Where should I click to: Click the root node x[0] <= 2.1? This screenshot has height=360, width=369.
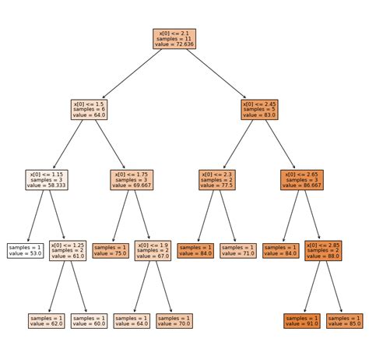pyautogui.click(x=175, y=38)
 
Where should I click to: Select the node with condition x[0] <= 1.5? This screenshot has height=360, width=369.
pyautogui.click(x=90, y=109)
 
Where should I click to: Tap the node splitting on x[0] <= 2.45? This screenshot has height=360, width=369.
pyautogui.click(x=260, y=109)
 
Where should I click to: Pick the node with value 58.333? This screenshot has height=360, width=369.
pyautogui.click(x=47, y=179)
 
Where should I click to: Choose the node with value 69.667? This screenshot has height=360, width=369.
pyautogui.click(x=132, y=179)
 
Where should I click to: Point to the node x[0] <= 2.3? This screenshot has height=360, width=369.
pyautogui.click(x=217, y=179)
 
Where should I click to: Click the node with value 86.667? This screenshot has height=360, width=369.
pyautogui.click(x=303, y=179)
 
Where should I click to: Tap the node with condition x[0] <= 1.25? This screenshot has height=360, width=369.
pyautogui.click(x=69, y=250)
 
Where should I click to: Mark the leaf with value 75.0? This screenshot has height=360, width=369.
pyautogui.click(x=111, y=250)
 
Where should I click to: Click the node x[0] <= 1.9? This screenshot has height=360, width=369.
pyautogui.click(x=153, y=250)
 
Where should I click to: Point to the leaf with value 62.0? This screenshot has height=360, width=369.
pyautogui.click(x=47, y=321)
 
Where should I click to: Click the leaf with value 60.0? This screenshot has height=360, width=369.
pyautogui.click(x=90, y=321)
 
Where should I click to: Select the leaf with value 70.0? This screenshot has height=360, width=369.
pyautogui.click(x=174, y=321)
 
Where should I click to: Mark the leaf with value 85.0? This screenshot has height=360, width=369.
pyautogui.click(x=345, y=321)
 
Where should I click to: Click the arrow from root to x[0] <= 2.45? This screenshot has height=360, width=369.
pyautogui.click(x=218, y=73)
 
